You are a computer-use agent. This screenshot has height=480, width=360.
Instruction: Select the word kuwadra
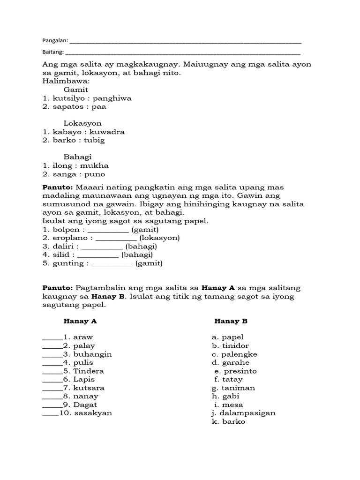click(x=108, y=132)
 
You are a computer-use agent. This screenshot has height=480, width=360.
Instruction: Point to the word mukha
click(x=95, y=165)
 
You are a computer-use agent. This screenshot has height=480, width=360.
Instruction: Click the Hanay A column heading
click(x=80, y=321)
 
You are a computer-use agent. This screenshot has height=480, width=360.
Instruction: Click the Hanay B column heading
click(x=231, y=321)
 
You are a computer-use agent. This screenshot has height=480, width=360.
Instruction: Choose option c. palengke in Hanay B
click(x=234, y=354)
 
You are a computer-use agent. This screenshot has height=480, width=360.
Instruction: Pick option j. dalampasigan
click(x=243, y=413)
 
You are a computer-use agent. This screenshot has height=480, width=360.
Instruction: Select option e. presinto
click(x=235, y=371)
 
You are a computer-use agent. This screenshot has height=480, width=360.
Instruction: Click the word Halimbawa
click(x=66, y=81)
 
